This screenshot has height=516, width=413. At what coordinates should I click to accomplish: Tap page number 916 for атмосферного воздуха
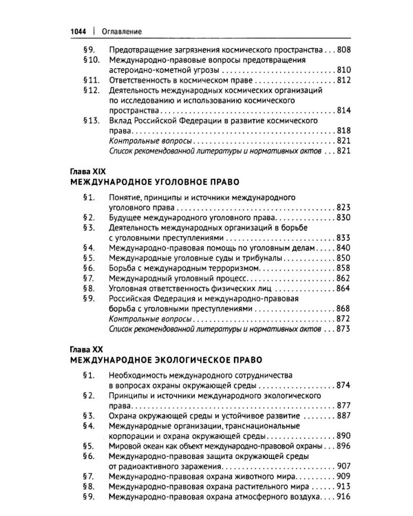click(x=343, y=497)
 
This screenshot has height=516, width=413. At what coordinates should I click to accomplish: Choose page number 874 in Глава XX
click(x=343, y=385)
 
